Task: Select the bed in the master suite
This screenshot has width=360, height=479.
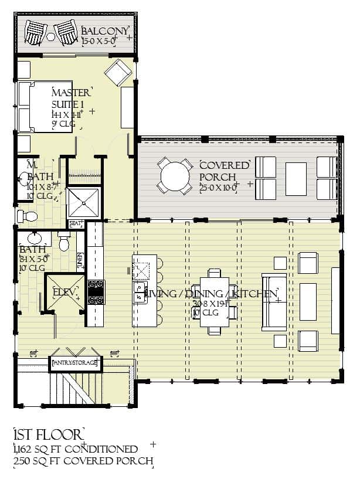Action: [45, 107]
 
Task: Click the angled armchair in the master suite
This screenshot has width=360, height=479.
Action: [118, 73]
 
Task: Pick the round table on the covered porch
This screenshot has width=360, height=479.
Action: [174, 175]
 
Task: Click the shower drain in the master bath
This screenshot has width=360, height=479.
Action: [83, 203]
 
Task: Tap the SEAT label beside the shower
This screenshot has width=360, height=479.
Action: [76, 223]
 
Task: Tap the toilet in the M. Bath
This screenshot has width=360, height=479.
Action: [28, 217]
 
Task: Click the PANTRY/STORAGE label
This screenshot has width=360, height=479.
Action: [75, 364]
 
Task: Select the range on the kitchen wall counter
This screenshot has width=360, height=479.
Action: [96, 291]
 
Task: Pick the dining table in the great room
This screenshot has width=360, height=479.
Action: [215, 301]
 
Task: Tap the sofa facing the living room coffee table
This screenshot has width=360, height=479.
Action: [273, 301]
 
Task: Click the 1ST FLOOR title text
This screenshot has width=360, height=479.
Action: [48, 435]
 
